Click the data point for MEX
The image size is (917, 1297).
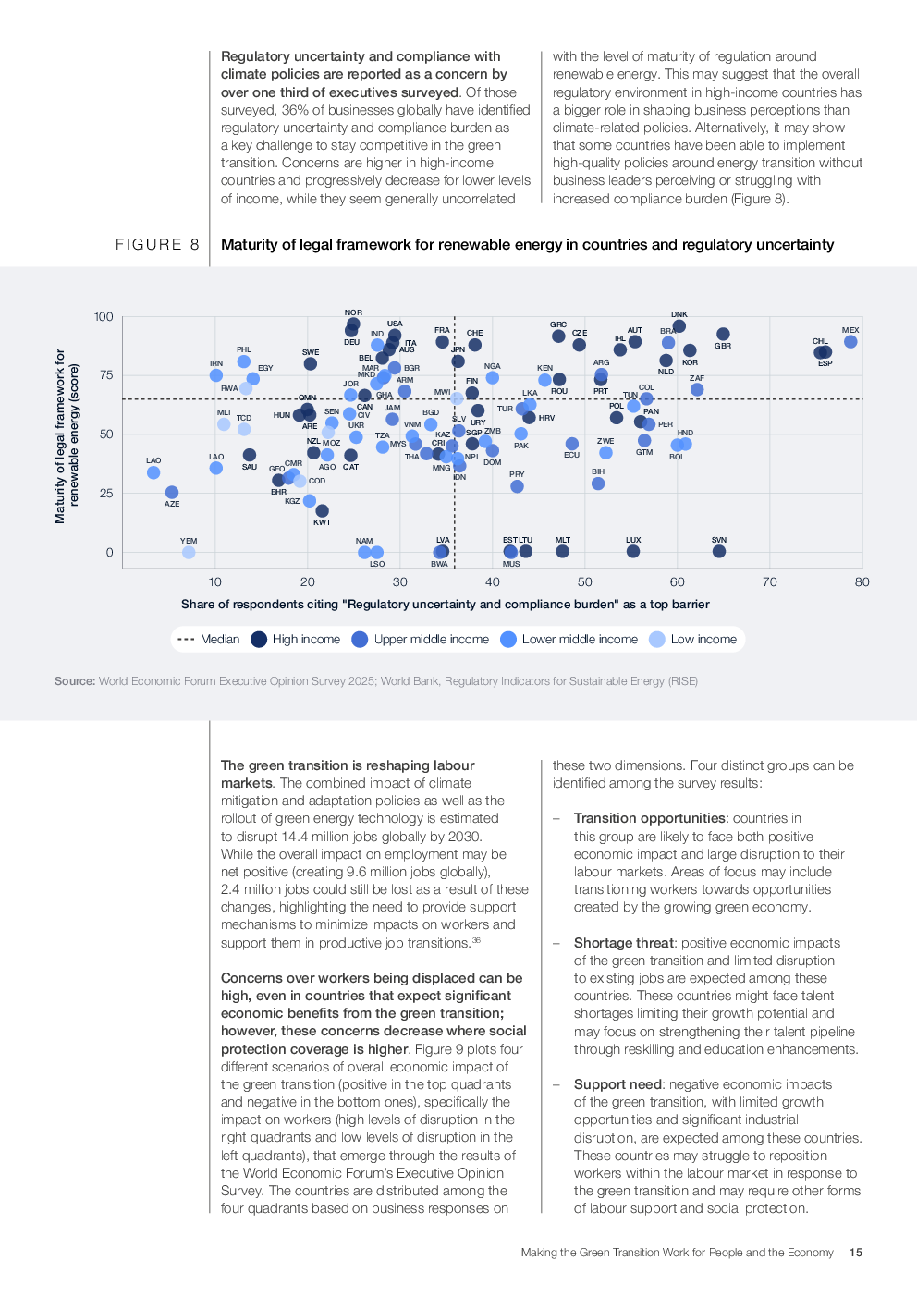[x=850, y=342]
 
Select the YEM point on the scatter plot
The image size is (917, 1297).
[x=189, y=553]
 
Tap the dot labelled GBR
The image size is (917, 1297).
[x=723, y=335]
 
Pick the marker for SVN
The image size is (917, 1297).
[x=719, y=552]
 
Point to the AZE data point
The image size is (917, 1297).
[x=172, y=493]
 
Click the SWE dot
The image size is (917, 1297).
[x=311, y=363]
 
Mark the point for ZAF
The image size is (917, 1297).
[x=697, y=389]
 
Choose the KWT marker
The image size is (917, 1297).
[x=322, y=511]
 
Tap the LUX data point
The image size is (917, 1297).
[x=633, y=552]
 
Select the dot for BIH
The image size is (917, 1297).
[x=598, y=483]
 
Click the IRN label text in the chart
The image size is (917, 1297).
[x=216, y=363]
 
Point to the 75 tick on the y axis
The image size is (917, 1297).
[x=106, y=375]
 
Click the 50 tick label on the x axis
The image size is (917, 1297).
[x=585, y=582]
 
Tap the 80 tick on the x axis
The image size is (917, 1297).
[x=862, y=582]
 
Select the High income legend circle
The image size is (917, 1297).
[x=259, y=640]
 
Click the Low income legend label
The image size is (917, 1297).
[x=703, y=640]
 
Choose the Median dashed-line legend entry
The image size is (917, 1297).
[x=208, y=640]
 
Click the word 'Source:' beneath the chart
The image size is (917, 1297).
[x=75, y=681]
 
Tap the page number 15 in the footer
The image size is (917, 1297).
[x=856, y=1253]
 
